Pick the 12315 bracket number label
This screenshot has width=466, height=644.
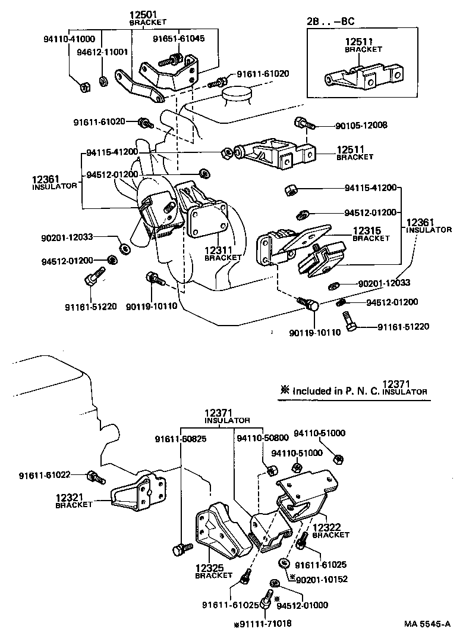(371, 230)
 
